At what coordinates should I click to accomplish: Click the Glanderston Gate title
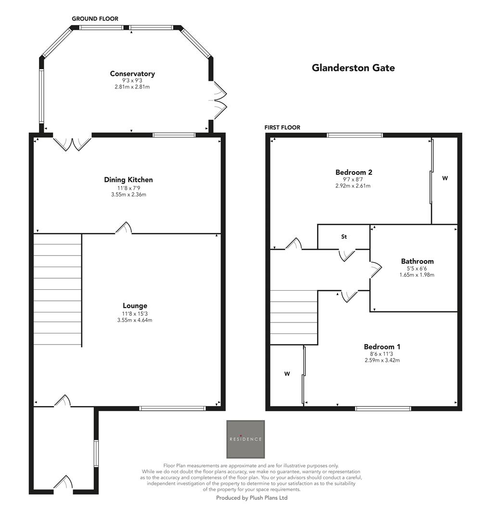[353, 68]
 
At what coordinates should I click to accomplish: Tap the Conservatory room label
[132, 74]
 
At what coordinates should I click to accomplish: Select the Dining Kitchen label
[128, 180]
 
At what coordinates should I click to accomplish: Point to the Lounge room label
[135, 306]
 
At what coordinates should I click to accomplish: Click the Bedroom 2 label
[354, 172]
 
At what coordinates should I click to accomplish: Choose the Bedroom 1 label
[382, 346]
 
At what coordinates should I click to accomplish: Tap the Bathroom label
[417, 261]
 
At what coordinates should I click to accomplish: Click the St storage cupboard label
[344, 237]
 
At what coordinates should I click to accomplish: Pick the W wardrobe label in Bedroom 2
[445, 178]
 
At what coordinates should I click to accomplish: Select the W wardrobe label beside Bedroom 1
[287, 373]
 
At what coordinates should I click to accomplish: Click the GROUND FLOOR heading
[95, 19]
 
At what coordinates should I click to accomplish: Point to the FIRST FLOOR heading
[282, 127]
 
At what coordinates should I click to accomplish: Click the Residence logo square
[245, 439]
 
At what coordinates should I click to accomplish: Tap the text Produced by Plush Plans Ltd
[252, 498]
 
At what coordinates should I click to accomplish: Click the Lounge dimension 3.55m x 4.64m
[135, 320]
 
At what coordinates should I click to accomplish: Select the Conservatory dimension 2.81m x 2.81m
[132, 87]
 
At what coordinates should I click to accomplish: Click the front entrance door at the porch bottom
[63, 483]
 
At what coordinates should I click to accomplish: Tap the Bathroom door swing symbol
[376, 270]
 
